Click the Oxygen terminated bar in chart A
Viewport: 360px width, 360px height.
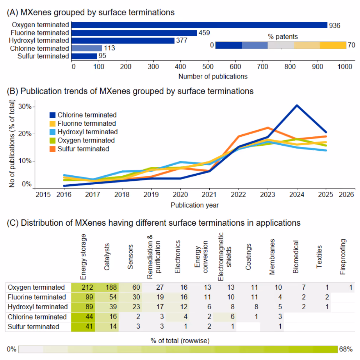point(199,25)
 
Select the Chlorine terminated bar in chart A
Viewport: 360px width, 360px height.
point(86,48)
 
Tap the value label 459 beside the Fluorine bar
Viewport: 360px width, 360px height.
point(204,33)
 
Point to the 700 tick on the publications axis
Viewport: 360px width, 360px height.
point(262,66)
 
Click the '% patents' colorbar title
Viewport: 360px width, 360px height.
point(282,37)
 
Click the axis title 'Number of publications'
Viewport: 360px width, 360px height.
point(213,76)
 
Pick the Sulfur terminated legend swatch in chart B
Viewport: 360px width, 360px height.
point(52,149)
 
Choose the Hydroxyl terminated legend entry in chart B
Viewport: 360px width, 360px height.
point(84,132)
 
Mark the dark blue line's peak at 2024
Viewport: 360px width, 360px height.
point(297,105)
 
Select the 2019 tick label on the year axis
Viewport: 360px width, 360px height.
point(151,195)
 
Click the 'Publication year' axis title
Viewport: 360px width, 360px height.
point(195,205)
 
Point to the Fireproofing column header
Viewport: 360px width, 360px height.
point(343,257)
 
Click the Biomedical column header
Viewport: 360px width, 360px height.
point(296,257)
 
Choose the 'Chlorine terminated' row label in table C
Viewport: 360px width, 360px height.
point(37,317)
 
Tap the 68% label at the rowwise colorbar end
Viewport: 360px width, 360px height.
point(346,349)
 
